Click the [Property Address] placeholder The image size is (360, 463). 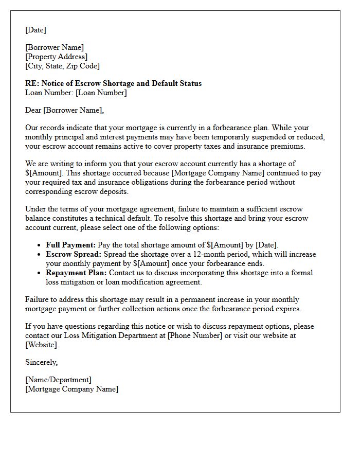[x=56, y=57]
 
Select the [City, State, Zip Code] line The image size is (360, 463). [x=62, y=66]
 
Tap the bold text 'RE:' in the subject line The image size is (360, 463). [x=31, y=83]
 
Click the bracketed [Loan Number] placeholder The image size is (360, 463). [x=101, y=93]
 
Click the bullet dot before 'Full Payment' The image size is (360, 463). [x=40, y=245]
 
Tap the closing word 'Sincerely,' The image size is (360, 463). [x=42, y=362]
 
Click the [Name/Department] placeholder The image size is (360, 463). [x=58, y=380]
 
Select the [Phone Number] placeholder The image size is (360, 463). [x=193, y=335]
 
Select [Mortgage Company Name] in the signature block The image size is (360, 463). [x=71, y=389]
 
